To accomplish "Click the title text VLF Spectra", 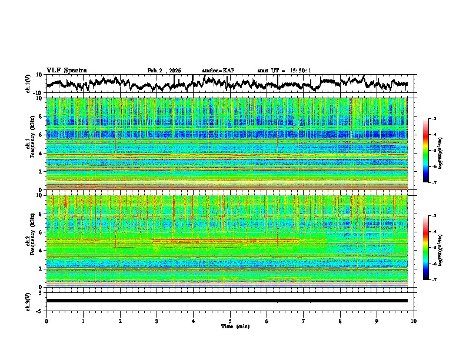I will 66,71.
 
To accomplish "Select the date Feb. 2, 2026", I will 164,71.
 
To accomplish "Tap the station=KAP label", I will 218,71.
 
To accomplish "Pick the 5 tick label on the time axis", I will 230,321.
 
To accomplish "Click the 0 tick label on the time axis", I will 46,321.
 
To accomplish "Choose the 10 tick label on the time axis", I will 414,321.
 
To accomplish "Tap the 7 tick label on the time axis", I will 304,321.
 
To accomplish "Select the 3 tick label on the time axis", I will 157,321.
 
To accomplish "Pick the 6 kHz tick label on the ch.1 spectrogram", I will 41,135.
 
